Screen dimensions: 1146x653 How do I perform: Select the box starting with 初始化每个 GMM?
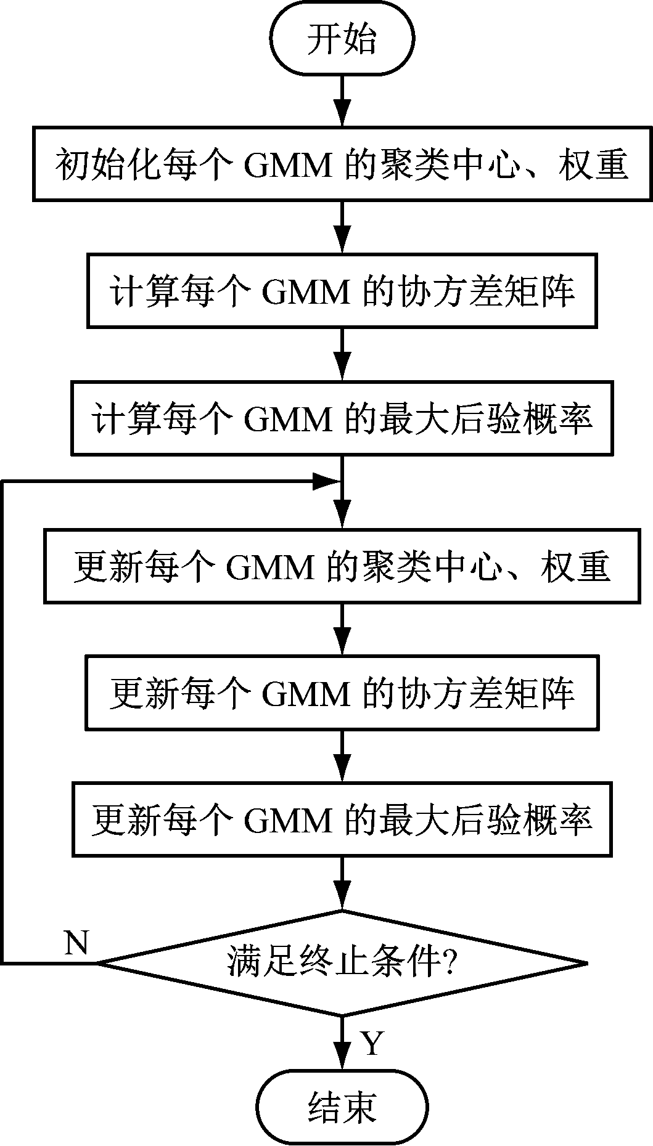[342, 164]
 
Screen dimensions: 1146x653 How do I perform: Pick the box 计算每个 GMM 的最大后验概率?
[342, 418]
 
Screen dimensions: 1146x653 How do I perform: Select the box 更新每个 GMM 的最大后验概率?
[342, 819]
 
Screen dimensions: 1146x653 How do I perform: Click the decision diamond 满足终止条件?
[342, 962]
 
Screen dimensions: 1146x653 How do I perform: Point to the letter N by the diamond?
[76, 943]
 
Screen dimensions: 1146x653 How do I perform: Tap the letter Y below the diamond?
[372, 1043]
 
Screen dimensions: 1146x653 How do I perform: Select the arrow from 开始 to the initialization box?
[342, 102]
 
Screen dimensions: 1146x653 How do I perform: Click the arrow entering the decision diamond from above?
[342, 882]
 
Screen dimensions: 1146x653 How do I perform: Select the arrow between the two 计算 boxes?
[342, 354]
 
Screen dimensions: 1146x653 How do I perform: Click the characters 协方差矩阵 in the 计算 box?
[487, 290]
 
